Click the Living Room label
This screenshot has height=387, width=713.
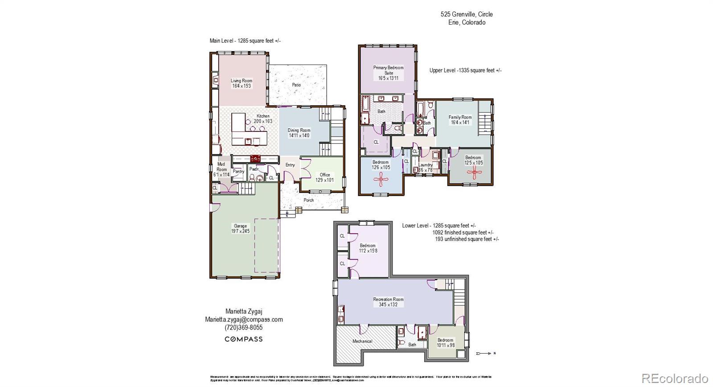(241, 81)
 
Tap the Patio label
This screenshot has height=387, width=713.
(296, 85)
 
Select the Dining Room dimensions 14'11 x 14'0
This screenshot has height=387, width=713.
(299, 135)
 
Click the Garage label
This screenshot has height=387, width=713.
(240, 226)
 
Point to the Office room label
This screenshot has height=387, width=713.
(325, 175)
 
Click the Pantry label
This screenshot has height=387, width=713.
(238, 171)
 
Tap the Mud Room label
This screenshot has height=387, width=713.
(221, 167)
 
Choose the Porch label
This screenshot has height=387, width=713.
(309, 200)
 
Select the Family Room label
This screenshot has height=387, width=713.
(460, 117)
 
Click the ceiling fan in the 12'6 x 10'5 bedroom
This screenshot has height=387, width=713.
(381, 180)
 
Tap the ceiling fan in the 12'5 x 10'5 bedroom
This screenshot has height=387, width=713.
(473, 173)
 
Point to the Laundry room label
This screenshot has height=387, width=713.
(426, 165)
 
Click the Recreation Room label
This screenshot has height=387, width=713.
(388, 299)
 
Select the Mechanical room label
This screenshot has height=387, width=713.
(362, 341)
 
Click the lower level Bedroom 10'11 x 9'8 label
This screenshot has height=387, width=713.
(445, 340)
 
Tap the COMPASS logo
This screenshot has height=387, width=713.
(243, 339)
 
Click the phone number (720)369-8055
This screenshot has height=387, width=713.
(243, 327)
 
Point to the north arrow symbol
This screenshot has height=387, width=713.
(485, 354)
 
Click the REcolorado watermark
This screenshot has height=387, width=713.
(675, 379)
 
